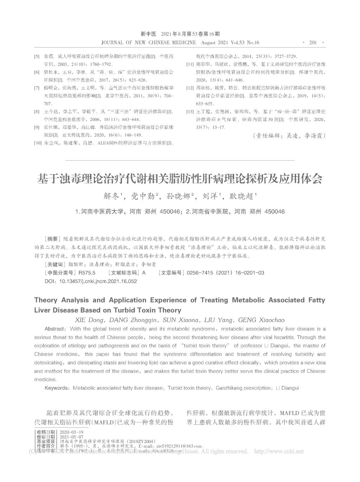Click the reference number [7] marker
click(37, 88)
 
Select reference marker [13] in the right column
click(190, 112)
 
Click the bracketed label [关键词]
click(55, 264)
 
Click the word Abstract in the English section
click(55, 329)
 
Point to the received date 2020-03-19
click(72, 432)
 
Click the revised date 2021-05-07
click(72, 437)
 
